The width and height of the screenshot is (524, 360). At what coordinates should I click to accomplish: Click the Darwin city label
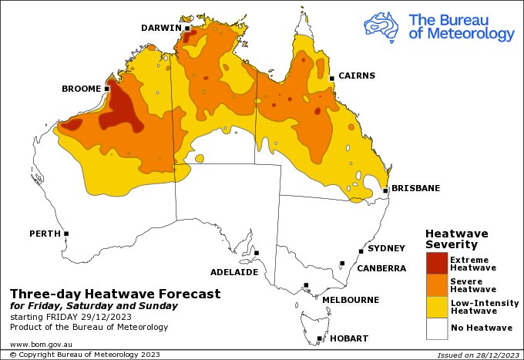pyautogui.click(x=160, y=28)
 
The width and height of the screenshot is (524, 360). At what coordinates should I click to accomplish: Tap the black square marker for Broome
pyautogui.click(x=107, y=89)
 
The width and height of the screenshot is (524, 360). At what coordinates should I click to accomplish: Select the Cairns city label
pyautogui.click(x=358, y=76)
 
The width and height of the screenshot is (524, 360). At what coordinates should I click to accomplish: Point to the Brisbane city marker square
pyautogui.click(x=385, y=190)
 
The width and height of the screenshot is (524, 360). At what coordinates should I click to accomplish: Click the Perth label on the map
pyautogui.click(x=45, y=233)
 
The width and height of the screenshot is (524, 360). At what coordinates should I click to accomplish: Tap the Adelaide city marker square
pyautogui.click(x=257, y=253)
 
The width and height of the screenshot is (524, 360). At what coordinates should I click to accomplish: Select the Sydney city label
pyautogui.click(x=386, y=248)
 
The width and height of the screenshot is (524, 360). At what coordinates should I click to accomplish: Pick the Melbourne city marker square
pyautogui.click(x=306, y=285)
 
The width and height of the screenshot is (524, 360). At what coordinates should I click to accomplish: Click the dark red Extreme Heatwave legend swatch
pyautogui.click(x=436, y=264)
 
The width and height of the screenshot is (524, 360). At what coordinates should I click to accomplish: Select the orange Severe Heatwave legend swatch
pyautogui.click(x=436, y=285)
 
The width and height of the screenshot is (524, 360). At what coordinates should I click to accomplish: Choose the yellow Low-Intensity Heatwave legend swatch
pyautogui.click(x=436, y=308)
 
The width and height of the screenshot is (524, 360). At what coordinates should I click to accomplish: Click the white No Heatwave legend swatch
pyautogui.click(x=436, y=329)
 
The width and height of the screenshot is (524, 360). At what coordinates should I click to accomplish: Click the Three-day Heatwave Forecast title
pyautogui.click(x=115, y=294)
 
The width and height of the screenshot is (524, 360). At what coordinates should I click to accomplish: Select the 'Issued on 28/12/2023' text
pyautogui.click(x=477, y=355)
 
